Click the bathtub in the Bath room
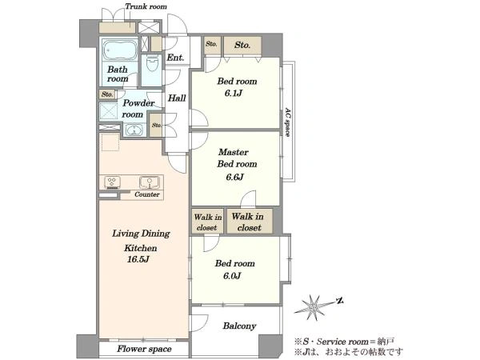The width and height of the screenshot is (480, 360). tap(120, 50)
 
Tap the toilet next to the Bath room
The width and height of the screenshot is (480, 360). tap(152, 64)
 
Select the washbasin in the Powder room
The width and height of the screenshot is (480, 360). tap(134, 130)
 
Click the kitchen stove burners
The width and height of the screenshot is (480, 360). tap(112, 182)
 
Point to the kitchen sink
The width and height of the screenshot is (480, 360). tap(150, 182)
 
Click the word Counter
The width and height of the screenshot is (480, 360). tap(147, 194)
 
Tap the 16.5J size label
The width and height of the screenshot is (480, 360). tap(138, 259)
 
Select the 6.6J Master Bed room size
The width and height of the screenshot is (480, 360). tap(234, 178)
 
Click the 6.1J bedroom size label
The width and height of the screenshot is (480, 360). tap(234, 93)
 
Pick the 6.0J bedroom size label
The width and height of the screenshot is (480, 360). tap(232, 276)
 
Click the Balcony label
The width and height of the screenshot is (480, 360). tap(239, 326)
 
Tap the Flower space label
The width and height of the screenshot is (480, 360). tap(144, 349)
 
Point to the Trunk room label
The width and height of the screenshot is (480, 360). tap(146, 6)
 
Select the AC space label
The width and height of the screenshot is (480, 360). tap(287, 122)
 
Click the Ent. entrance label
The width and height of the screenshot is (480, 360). tap(175, 58)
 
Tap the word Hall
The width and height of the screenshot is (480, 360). tap(177, 98)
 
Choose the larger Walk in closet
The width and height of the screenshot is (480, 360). tap(249, 222)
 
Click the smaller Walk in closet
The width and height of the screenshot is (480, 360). tap(207, 222)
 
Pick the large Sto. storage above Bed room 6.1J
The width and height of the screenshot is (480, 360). tap(242, 46)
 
